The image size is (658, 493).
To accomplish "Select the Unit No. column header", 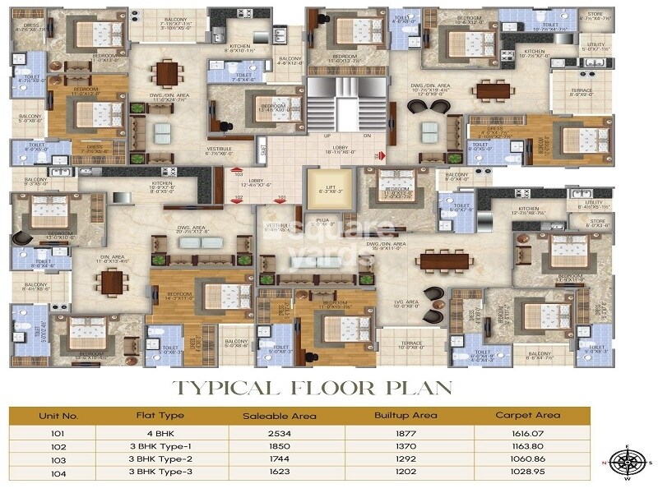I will pyautogui.click(x=58, y=415).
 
